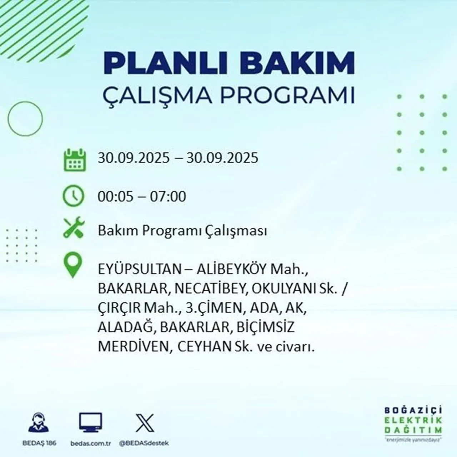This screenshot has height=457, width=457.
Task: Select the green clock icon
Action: [x=74, y=196]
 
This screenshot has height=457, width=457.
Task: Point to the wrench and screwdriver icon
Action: [x=74, y=228]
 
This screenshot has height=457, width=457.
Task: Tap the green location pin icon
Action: [x=72, y=265]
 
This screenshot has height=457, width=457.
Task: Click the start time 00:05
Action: [x=112, y=197]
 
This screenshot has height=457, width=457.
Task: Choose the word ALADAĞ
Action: [x=125, y=327]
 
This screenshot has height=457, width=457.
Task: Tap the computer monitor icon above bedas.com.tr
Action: [x=90, y=423]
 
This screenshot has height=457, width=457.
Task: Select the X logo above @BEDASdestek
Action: [x=145, y=423]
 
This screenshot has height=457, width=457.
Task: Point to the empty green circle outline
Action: [x=25, y=119]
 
